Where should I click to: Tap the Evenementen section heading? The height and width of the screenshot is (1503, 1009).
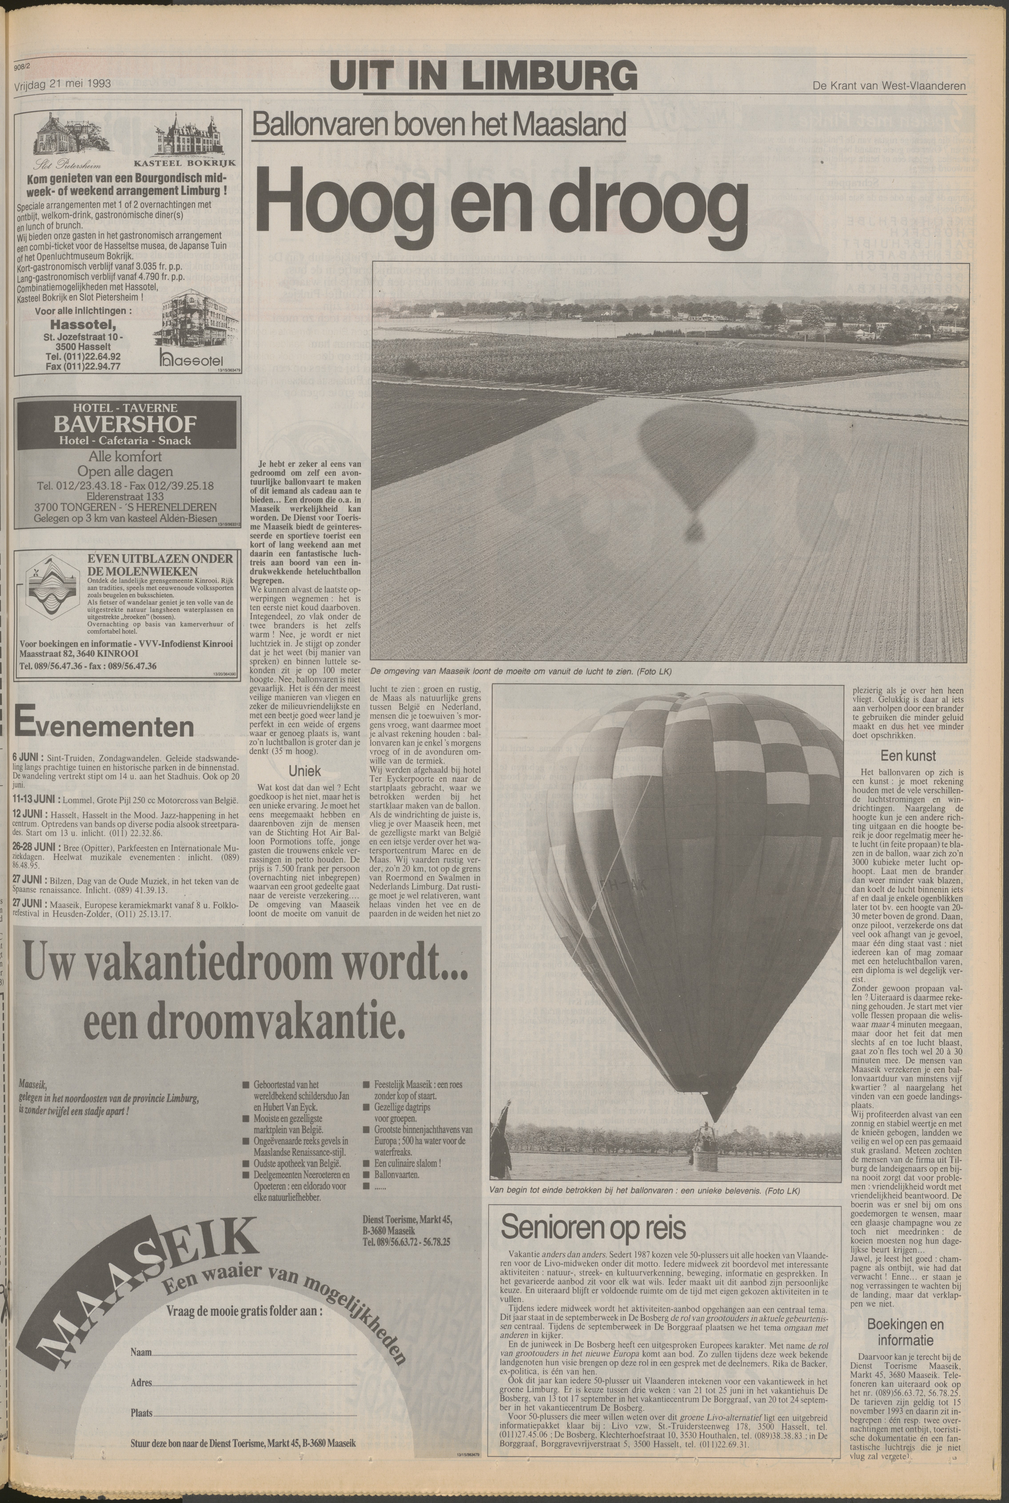[103, 726]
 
